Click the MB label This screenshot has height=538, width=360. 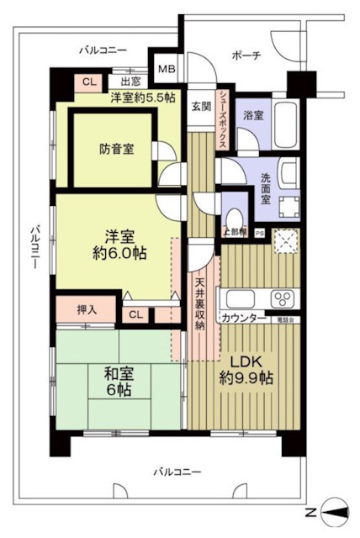coord(166,69)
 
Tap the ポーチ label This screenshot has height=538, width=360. coord(245,55)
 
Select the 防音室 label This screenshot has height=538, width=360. coord(114,151)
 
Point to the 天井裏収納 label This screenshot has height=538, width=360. coord(201,302)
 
